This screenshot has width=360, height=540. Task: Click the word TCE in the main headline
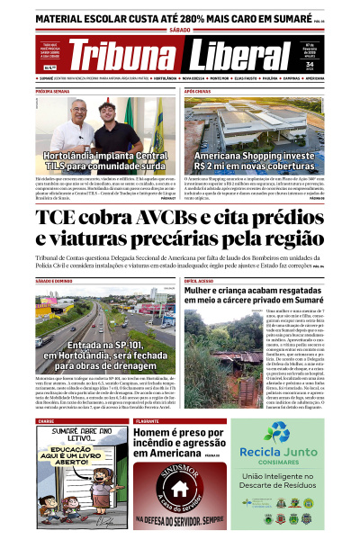tap(61, 220)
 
